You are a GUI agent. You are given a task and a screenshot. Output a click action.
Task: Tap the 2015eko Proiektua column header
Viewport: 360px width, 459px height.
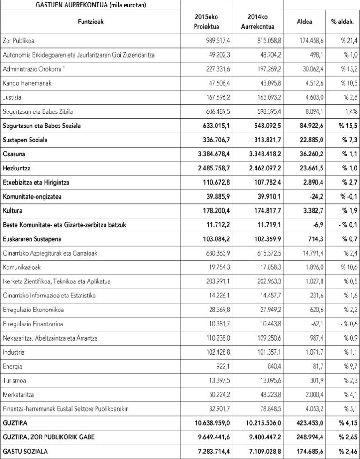tap(206, 22)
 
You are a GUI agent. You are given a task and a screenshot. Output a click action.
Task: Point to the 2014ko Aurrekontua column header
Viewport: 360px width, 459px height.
tap(257, 22)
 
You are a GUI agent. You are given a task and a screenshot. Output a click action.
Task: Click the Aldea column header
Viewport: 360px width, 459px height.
tap(305, 22)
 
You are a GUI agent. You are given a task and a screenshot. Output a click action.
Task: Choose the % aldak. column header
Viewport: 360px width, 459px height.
tap(343, 22)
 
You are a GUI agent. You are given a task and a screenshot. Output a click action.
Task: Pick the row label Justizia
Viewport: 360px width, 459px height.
tap(12, 98)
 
